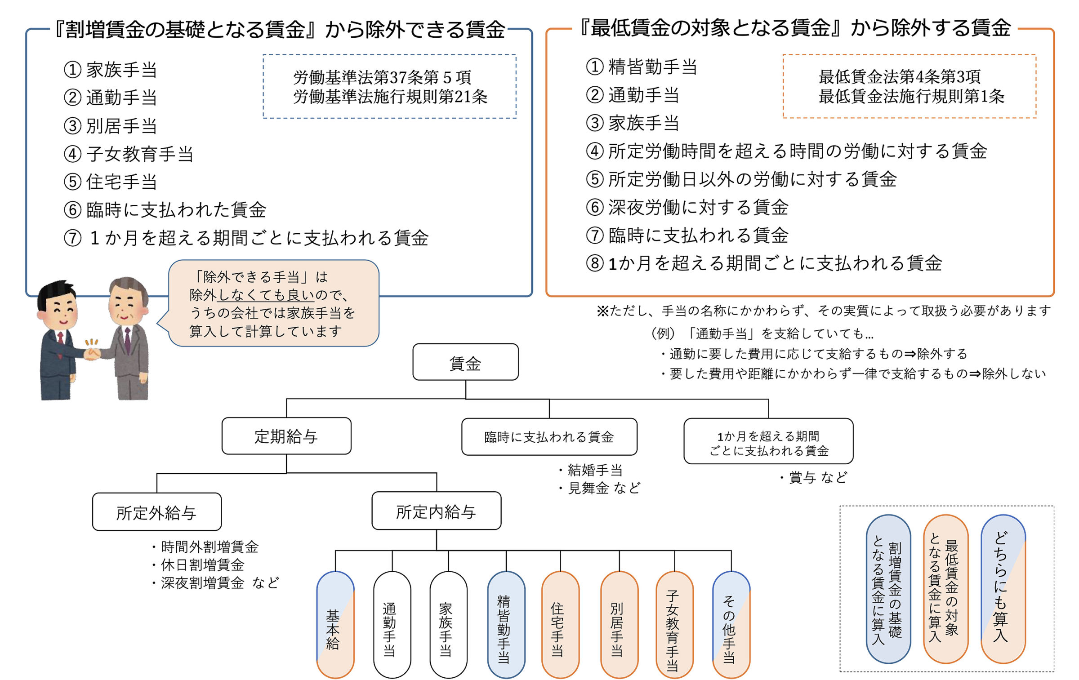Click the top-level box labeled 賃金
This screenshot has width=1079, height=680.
(x=465, y=362)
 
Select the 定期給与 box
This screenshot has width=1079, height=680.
(x=286, y=436)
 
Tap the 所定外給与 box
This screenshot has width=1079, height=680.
(x=156, y=512)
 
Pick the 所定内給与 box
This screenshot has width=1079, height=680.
(x=436, y=511)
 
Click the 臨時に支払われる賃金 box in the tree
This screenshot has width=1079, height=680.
(x=549, y=437)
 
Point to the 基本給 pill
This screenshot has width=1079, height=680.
(x=335, y=624)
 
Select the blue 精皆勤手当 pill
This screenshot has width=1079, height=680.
(x=506, y=624)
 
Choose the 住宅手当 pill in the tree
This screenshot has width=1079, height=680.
(x=560, y=624)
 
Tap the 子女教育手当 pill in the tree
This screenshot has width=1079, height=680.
(x=674, y=624)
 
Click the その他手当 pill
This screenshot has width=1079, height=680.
(x=731, y=624)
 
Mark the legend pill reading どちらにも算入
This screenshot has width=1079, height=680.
(x=1003, y=589)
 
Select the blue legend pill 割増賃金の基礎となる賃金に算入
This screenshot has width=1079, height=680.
(x=888, y=589)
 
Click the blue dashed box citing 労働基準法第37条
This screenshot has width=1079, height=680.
(x=389, y=86)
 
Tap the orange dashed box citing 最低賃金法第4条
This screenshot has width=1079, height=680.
(x=909, y=86)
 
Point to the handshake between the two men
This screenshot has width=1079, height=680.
(x=93, y=354)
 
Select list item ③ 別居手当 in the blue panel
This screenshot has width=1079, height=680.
(x=111, y=126)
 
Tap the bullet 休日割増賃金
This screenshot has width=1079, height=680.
(x=202, y=564)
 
